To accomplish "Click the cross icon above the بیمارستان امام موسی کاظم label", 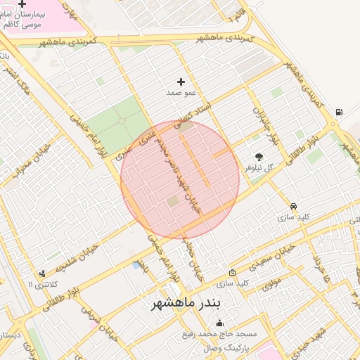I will (22, 4).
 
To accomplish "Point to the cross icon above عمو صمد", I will (181, 82).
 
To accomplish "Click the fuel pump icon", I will (340, 112).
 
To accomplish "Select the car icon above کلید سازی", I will (293, 206).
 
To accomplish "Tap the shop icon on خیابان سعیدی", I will (233, 272).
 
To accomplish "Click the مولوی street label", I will (272, 285).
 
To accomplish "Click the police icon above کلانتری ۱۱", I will (43, 274).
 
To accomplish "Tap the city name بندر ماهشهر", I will (186, 303).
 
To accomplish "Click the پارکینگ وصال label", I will (208, 347).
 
